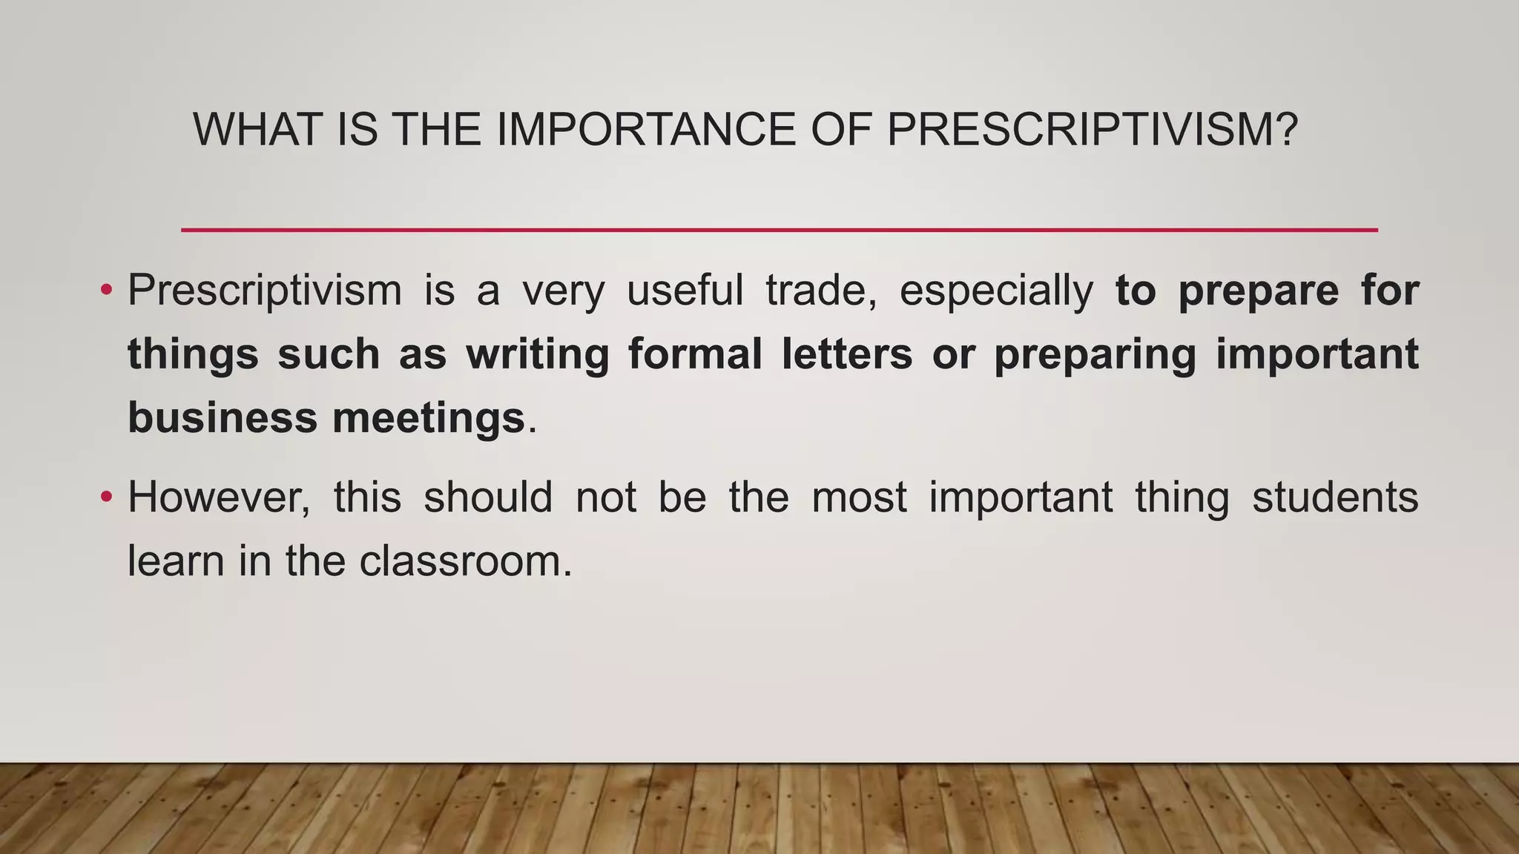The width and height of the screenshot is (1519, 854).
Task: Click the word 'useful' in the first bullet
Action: [x=685, y=289]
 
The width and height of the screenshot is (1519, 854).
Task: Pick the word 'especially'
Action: [x=996, y=291]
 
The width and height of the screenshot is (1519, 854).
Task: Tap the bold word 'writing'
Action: [x=538, y=354]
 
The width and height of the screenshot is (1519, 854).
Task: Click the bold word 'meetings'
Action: [x=429, y=419]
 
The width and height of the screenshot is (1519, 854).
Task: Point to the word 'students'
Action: [x=1335, y=497]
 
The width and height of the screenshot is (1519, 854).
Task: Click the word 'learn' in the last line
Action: [x=176, y=560]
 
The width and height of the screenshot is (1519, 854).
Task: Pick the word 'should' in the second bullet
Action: [x=488, y=497]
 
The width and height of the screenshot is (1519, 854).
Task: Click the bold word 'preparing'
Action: [x=1095, y=354]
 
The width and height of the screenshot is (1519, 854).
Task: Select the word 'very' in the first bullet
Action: [x=564, y=291]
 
